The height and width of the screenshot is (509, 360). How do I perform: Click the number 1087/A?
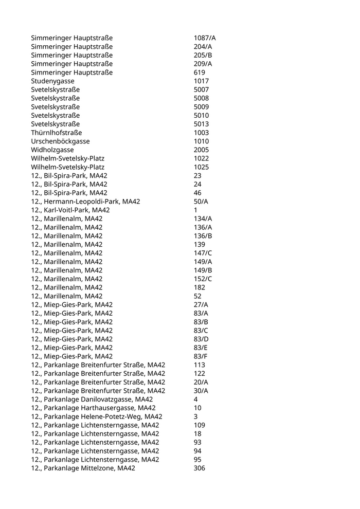tap(205, 38)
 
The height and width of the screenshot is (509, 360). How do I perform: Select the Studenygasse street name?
tap(52, 81)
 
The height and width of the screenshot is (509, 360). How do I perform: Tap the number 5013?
tap(201, 124)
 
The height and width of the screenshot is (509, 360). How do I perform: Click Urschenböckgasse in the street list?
tap(60, 141)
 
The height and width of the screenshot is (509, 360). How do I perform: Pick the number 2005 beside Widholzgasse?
tap(201, 150)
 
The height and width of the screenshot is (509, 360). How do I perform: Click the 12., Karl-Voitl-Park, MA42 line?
tap(70, 210)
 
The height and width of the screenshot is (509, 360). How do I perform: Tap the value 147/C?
tap(203, 253)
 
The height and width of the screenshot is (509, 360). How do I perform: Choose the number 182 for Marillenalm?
tap(199, 287)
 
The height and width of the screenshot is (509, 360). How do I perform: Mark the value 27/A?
tap(201, 305)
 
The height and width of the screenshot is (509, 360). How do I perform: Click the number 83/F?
tap(201, 356)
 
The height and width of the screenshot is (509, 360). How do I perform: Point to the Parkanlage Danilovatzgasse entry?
tap(92, 399)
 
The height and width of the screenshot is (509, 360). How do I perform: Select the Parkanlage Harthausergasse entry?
tap(93, 408)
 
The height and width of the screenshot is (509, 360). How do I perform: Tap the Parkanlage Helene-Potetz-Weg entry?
tap(97, 416)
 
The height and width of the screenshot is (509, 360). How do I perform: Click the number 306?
tap(199, 468)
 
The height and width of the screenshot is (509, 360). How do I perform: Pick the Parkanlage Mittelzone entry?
tap(83, 468)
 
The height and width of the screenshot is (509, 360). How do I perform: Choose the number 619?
tap(199, 72)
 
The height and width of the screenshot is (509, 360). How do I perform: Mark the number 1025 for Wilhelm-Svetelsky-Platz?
tap(201, 167)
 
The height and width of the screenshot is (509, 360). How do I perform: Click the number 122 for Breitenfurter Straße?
tap(199, 374)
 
